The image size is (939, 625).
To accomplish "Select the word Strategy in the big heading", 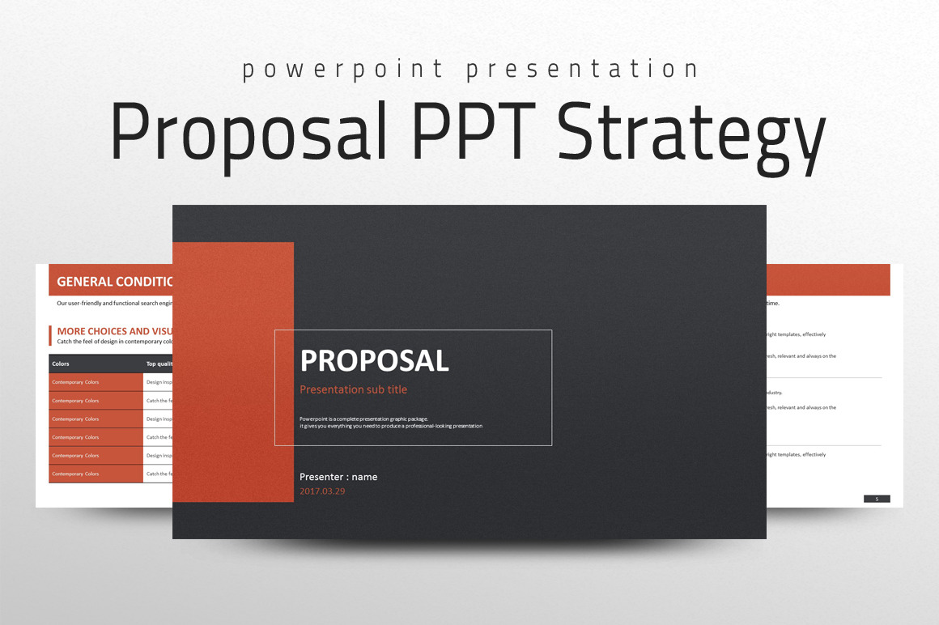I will pos(691,134).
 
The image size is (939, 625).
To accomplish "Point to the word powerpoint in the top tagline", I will pos(342,70).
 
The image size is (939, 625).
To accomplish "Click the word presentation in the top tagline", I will pos(581,70).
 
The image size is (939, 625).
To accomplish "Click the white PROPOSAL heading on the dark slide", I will pos(374,360).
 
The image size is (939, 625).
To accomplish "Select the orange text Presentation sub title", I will pos(353,389).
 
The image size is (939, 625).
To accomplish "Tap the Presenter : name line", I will pos(338,477).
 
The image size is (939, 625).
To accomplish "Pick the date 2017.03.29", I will pos(322,491).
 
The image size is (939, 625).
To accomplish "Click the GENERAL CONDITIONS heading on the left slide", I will pos(114,282).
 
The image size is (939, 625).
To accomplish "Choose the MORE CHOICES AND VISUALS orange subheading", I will pos(114,331).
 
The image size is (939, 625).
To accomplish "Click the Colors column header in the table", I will pos(61,364).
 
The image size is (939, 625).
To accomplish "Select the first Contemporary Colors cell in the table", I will pos(75,382).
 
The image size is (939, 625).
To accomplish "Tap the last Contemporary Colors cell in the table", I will pos(75,474).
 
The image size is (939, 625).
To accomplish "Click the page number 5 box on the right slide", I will pos(877,499).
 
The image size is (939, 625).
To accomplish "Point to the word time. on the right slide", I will pos(772,304).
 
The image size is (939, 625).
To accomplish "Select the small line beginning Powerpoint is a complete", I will pos(363,419).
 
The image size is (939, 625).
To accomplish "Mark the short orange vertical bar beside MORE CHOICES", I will pos(50,335).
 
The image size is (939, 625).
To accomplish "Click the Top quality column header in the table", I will pos(159,364).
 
